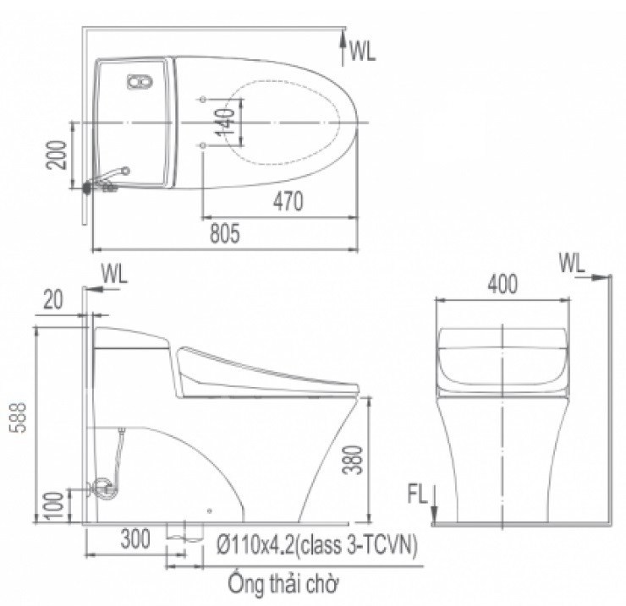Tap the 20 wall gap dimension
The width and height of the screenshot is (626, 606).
tap(52, 298)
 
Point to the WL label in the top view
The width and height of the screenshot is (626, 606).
tap(362, 52)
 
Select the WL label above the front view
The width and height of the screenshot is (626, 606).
tap(572, 264)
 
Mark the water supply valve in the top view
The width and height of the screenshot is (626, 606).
tap(106, 179)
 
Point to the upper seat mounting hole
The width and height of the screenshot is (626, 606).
tap(201, 101)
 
